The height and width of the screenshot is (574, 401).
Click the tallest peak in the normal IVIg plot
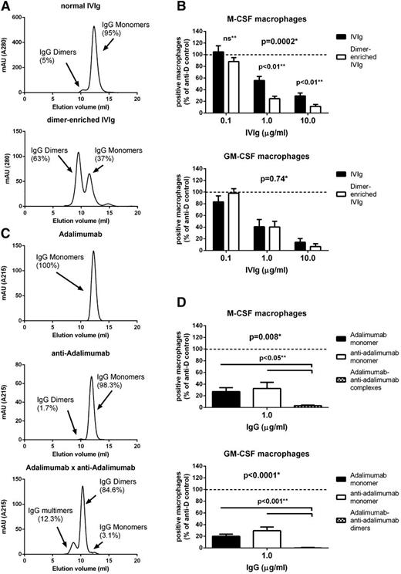coord(95,28)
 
